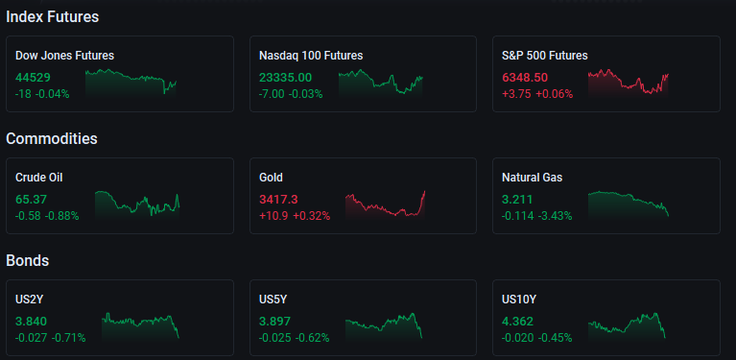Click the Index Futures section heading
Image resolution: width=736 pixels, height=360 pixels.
(53, 17)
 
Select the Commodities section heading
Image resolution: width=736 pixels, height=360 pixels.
(52, 139)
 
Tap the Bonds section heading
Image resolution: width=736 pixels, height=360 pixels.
(28, 260)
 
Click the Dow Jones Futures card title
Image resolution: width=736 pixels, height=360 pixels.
(65, 56)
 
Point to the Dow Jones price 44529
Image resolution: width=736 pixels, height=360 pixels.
(33, 78)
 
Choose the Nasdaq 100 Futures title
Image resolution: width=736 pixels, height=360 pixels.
(311, 56)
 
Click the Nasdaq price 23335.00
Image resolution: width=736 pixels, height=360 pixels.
(285, 78)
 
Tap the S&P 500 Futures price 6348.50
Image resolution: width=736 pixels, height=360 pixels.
(525, 78)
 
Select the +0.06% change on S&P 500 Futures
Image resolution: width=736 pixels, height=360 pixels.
(555, 94)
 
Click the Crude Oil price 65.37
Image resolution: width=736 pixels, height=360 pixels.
(31, 200)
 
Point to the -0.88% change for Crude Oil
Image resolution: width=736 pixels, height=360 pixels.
(61, 216)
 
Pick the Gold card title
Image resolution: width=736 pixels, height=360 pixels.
(271, 178)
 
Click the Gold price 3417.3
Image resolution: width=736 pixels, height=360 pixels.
(278, 200)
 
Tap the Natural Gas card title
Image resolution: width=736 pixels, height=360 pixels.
(533, 178)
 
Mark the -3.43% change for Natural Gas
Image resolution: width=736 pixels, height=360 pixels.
(555, 216)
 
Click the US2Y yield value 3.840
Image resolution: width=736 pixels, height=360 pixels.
(31, 322)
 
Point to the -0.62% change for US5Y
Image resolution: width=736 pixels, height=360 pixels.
(312, 338)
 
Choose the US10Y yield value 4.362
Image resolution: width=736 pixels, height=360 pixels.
(518, 322)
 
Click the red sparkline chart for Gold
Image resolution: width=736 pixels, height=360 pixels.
(385, 205)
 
